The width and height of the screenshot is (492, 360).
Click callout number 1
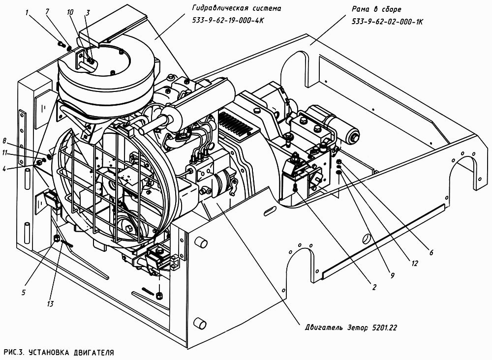pyautogui.click(x=27, y=13)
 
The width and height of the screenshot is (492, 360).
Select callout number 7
pyautogui.click(x=47, y=12)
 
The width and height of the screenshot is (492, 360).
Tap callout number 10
pyautogui.click(x=70, y=12)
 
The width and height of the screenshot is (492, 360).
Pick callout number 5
pyautogui.click(x=23, y=293)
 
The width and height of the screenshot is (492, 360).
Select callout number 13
pyautogui.click(x=50, y=303)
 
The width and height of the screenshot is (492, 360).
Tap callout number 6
pyautogui.click(x=431, y=252)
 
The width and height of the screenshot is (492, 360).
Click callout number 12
pyautogui.click(x=414, y=264)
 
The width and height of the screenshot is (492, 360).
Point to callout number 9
pyautogui.click(x=392, y=275)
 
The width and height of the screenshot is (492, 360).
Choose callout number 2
pyautogui.click(x=374, y=287)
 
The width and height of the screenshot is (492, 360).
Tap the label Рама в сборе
pyautogui.click(x=376, y=9)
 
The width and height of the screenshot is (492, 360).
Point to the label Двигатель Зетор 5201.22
pyautogui.click(x=351, y=328)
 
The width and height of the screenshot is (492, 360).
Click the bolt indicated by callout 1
pyautogui.click(x=60, y=44)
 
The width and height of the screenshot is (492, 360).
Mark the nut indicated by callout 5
pyautogui.click(x=57, y=238)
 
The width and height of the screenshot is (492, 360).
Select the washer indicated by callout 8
pyautogui.click(x=49, y=156)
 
